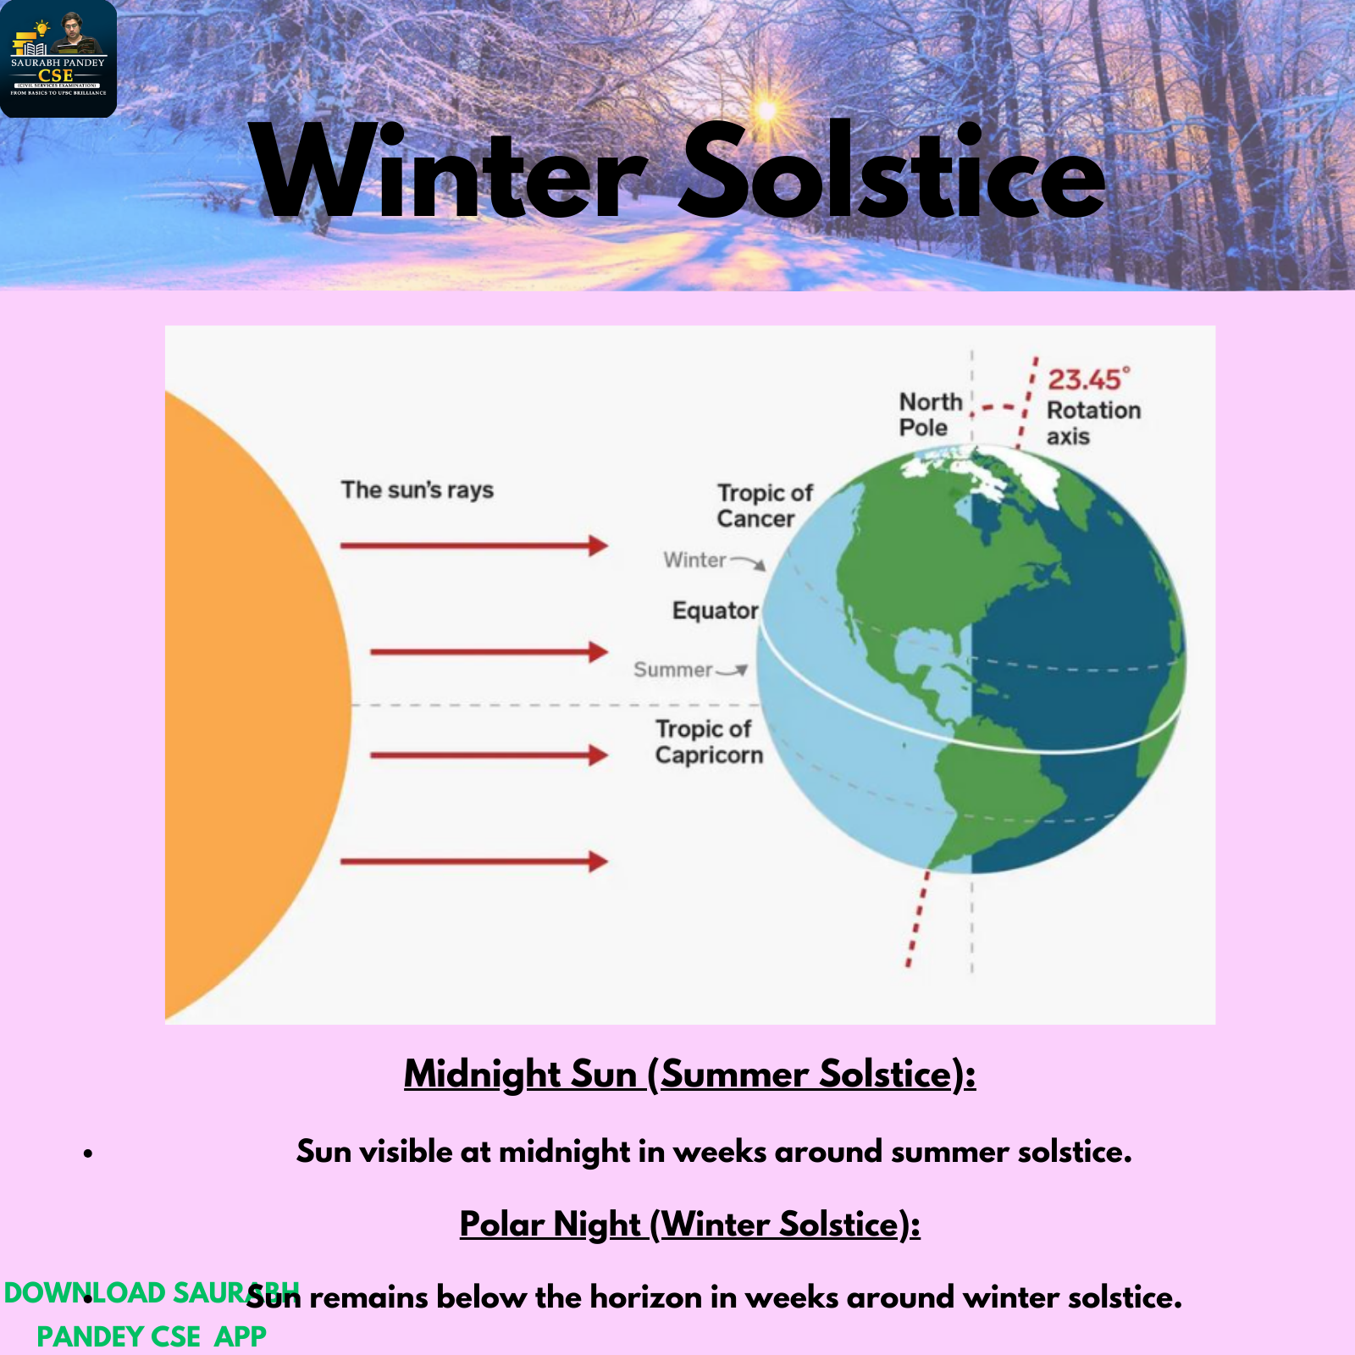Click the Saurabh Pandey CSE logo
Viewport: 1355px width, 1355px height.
pyautogui.click(x=58, y=58)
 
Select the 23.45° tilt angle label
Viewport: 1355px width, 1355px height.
pyautogui.click(x=1089, y=379)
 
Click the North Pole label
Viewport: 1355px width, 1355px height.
pyautogui.click(x=931, y=414)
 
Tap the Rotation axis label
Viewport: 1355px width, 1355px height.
pyautogui.click(x=1093, y=423)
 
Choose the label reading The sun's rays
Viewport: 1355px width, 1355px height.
pyautogui.click(x=418, y=489)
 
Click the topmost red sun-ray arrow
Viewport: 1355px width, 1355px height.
pyautogui.click(x=474, y=545)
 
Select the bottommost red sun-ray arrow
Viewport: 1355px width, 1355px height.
pyautogui.click(x=474, y=862)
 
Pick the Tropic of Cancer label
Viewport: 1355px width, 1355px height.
pyautogui.click(x=764, y=506)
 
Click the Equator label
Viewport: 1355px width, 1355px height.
pyautogui.click(x=716, y=611)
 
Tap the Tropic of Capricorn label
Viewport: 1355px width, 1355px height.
pyautogui.click(x=709, y=742)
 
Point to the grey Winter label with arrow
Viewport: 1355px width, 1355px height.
pyautogui.click(x=714, y=561)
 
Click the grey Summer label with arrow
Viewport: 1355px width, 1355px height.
pyautogui.click(x=690, y=670)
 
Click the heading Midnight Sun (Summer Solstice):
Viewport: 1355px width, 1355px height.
pyautogui.click(x=689, y=1075)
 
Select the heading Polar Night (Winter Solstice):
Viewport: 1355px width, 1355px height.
pyautogui.click(x=689, y=1225)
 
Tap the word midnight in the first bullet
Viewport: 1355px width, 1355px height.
pyautogui.click(x=564, y=1153)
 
